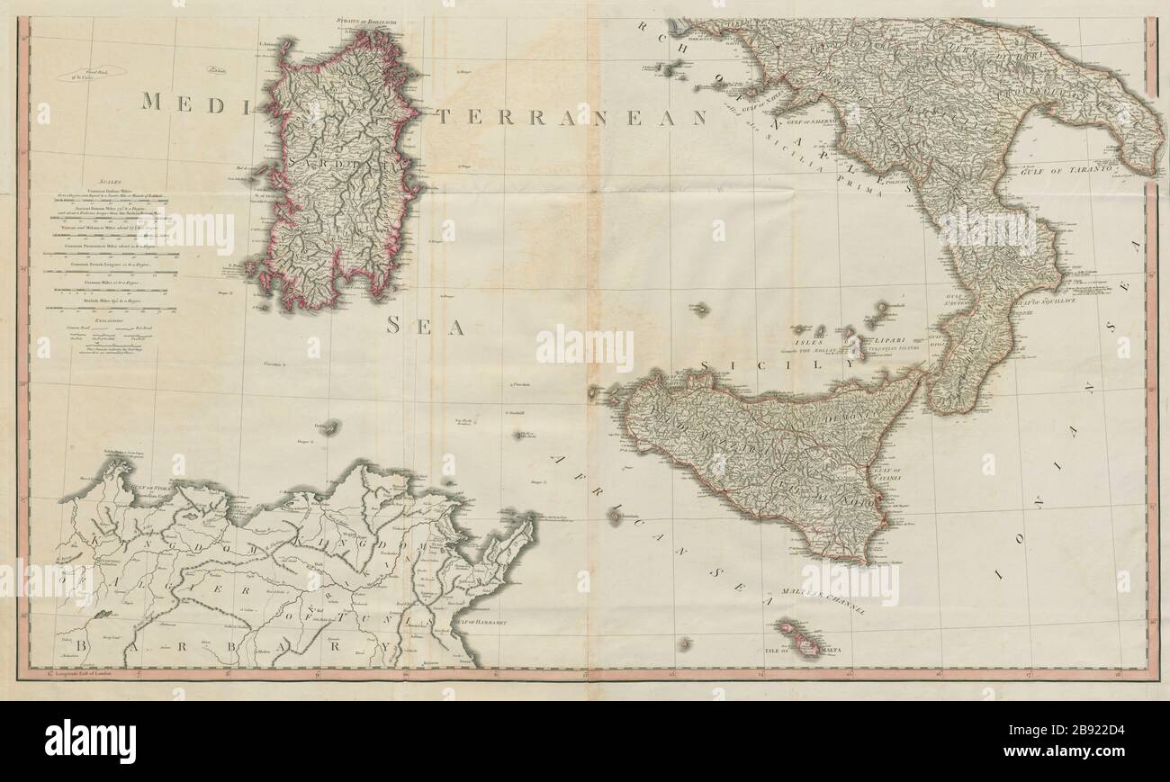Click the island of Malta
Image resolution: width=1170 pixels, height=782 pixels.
pos(805,644)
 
